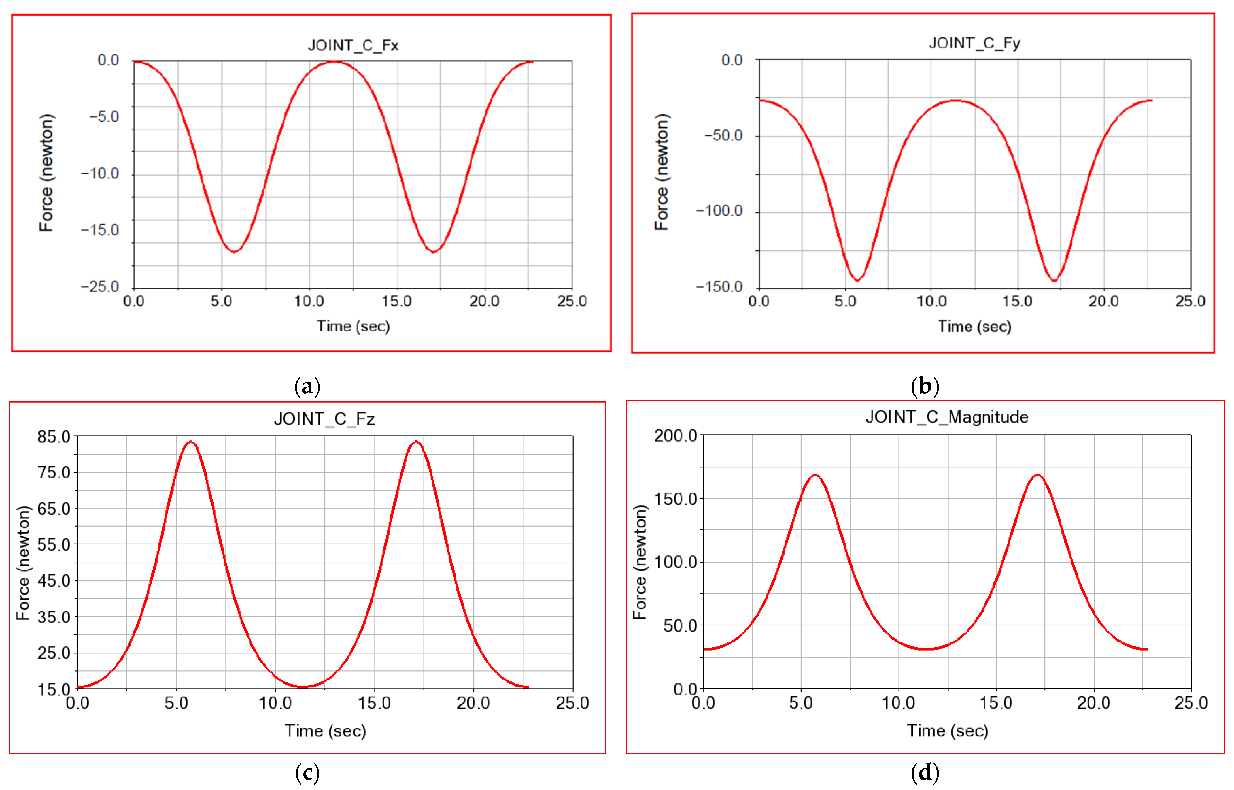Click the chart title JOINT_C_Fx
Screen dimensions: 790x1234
353,46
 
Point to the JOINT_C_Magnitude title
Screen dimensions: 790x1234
947,417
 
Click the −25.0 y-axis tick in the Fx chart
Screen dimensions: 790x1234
100,286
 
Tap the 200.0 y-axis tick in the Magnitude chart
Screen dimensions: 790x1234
675,436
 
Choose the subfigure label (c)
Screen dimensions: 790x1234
307,772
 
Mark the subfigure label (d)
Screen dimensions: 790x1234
925,772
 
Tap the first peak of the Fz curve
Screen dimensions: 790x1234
190,441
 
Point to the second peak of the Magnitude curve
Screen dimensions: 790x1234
1037,475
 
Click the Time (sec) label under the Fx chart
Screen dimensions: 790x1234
353,326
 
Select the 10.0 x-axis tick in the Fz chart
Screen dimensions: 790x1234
275,703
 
